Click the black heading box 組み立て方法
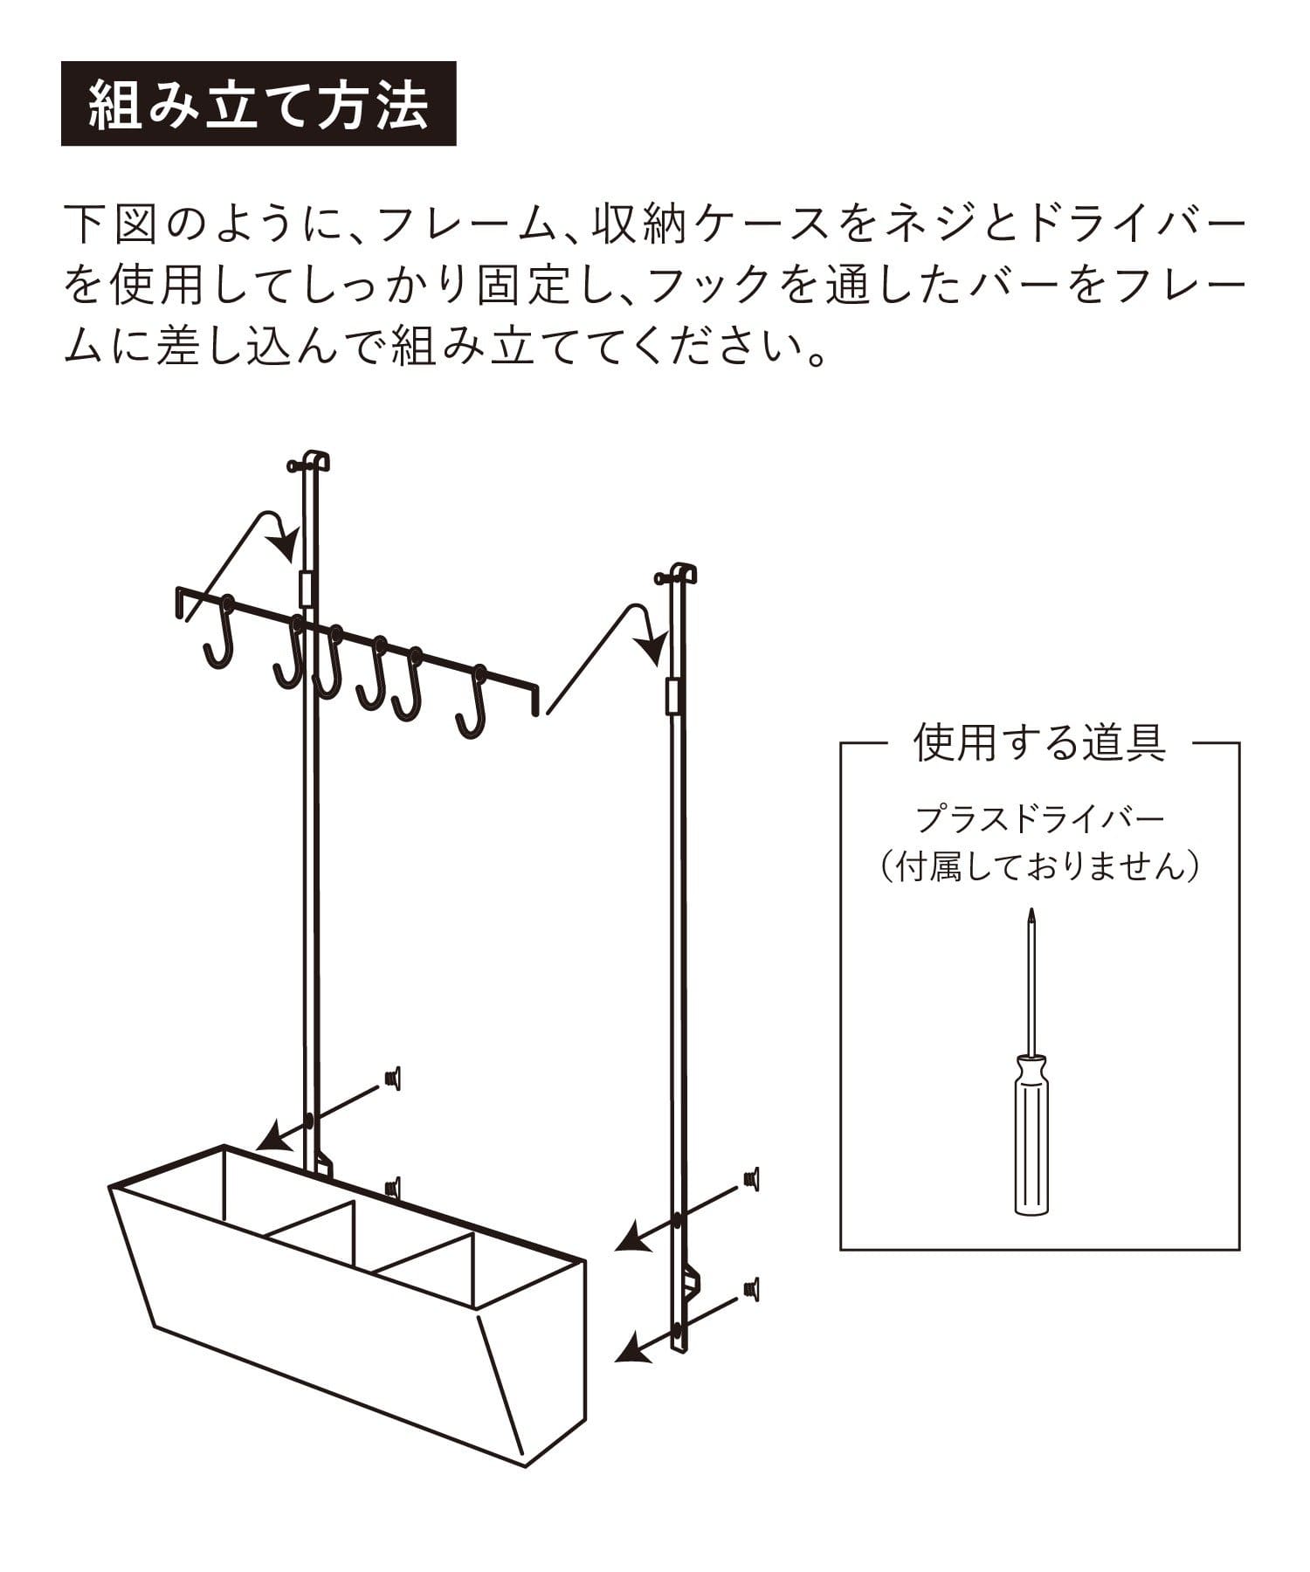[x=259, y=103]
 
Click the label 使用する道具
[x=1039, y=743]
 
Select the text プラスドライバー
[x=1040, y=819]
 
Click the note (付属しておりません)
[x=1040, y=868]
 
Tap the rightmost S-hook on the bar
[x=472, y=704]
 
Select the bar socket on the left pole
[x=305, y=589]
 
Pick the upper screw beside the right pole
[x=751, y=1178]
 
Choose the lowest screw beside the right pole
[x=751, y=1288]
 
